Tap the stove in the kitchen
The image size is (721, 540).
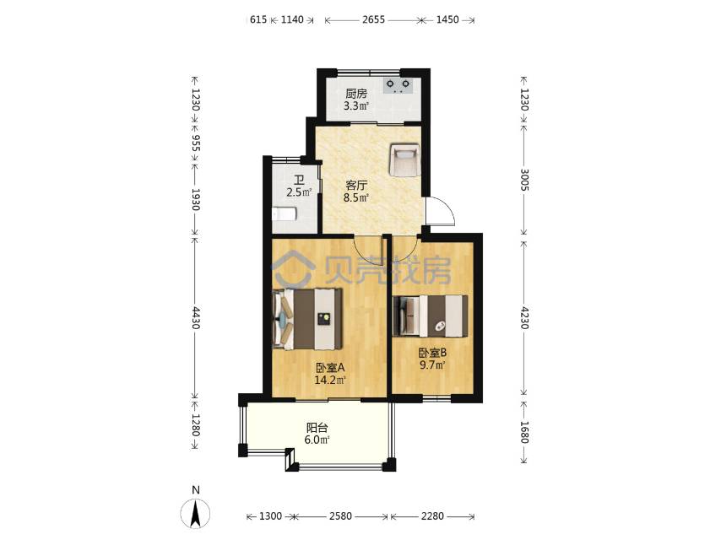click(397, 84)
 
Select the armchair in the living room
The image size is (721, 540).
click(403, 159)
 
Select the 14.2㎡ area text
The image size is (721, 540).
click(330, 380)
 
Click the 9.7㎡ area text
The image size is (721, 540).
click(431, 365)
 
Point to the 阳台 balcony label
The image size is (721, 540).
click(317, 427)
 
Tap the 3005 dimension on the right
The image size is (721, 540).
click(524, 179)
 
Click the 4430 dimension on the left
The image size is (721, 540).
click(195, 318)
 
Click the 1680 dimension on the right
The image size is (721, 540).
click(524, 432)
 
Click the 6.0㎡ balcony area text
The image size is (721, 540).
click(317, 439)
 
